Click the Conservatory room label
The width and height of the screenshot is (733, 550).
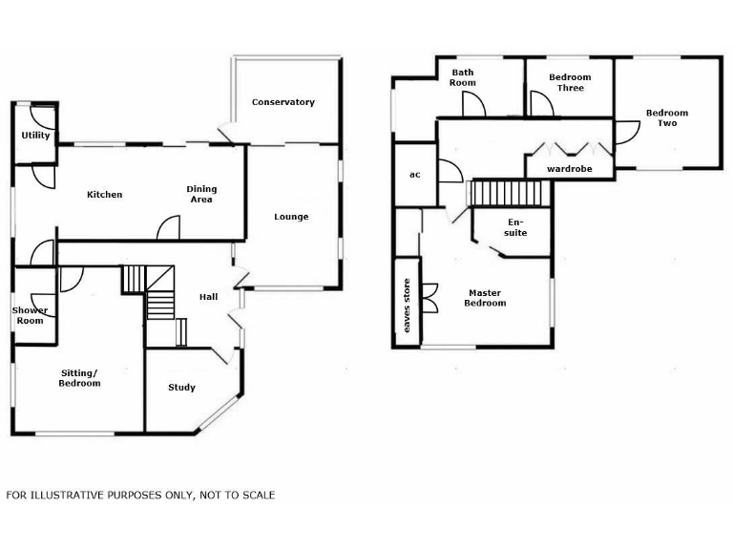283,102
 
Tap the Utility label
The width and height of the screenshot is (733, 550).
36,136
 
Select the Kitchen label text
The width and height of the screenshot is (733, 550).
104,195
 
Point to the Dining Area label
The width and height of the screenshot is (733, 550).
201,194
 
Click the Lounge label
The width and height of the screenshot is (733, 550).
291,217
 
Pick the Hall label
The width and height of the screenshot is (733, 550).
208,297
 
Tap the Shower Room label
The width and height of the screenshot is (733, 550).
29,315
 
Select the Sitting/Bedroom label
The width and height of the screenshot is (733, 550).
80,377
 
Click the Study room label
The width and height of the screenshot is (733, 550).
181,387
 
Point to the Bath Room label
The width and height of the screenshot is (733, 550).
463,77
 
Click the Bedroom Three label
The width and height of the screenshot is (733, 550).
570,83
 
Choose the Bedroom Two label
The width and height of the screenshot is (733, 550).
667,118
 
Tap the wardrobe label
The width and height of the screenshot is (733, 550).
569,169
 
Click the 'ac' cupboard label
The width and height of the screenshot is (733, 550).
414,175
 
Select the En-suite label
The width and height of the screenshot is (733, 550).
515,227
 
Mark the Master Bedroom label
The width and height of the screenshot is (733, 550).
486,298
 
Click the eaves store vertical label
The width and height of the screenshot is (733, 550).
407,305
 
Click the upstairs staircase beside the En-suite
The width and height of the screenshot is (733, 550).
510,193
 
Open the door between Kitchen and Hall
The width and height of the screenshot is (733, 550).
168,229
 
